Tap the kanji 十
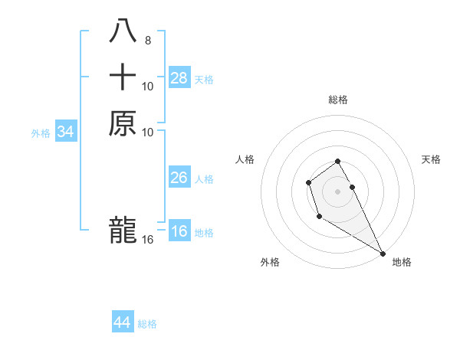[123, 78]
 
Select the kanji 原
[123, 123]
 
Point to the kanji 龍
[123, 230]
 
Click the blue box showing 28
[179, 77]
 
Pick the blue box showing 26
[179, 178]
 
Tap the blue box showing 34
[66, 132]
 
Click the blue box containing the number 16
[179, 231]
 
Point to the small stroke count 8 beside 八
[148, 41]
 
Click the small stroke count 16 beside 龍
[148, 240]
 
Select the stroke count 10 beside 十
[148, 87]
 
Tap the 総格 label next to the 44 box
[147, 324]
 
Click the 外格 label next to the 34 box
[41, 133]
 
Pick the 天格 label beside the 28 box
[204, 79]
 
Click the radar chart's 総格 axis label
[337, 100]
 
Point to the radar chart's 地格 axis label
[402, 262]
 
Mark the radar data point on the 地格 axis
[383, 254]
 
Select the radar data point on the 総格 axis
[337, 161]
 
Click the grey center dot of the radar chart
[337, 191]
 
